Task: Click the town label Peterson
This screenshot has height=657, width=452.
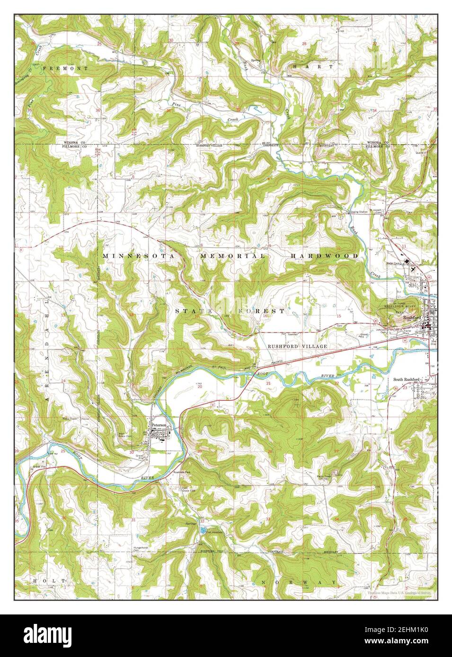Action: (159, 425)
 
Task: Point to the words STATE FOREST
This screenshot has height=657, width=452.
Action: (230, 311)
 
